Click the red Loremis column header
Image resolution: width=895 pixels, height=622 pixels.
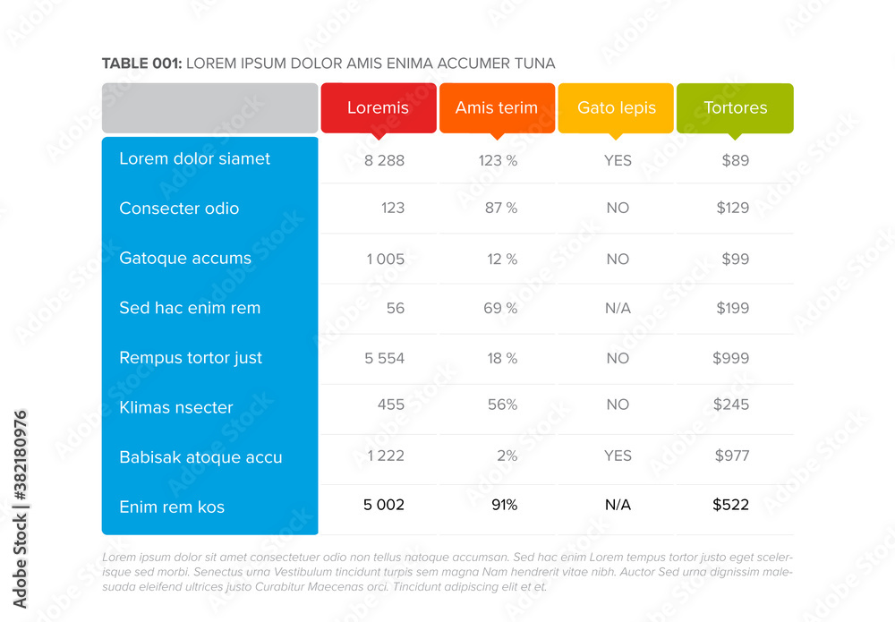(378, 108)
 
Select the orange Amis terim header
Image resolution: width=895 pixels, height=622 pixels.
(497, 108)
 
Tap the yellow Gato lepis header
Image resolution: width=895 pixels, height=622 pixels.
(616, 108)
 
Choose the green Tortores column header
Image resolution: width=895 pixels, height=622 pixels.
(735, 108)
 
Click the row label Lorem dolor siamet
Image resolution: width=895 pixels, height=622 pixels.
(194, 159)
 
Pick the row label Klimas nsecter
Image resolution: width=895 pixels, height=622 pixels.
(175, 408)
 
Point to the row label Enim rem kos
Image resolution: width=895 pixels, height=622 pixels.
(171, 507)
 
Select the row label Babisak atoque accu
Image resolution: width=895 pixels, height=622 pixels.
(200, 457)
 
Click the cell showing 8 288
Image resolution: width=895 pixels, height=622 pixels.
(385, 161)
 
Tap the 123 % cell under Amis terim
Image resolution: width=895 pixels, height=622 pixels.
(498, 161)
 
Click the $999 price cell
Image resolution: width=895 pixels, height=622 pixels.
(730, 358)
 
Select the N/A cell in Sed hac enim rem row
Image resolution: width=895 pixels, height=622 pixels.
(618, 309)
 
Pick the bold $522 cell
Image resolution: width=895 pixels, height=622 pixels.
(730, 506)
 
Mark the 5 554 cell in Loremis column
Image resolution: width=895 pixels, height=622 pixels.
(385, 358)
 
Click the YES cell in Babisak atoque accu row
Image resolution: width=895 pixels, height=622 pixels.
(618, 456)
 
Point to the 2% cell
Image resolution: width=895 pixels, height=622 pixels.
(507, 456)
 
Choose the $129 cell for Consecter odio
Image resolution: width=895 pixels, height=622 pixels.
(732, 209)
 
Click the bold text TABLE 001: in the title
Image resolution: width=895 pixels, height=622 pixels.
(141, 64)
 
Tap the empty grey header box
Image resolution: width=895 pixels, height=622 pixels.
(209, 108)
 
